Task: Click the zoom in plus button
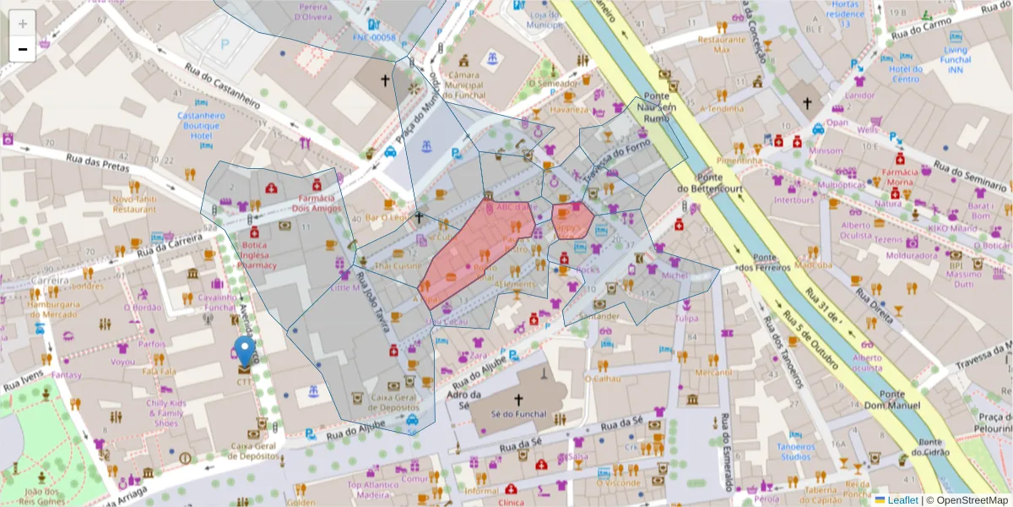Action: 22,24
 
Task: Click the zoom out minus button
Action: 22,49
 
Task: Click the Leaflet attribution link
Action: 902,500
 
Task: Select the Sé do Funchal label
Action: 517,415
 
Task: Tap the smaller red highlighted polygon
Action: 571,221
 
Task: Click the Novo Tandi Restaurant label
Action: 134,204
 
